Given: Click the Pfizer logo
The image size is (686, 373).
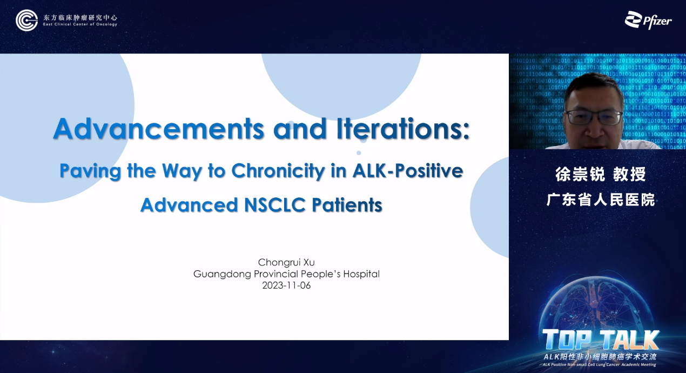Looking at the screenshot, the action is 648,20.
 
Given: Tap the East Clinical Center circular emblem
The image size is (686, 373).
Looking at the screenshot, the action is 26,20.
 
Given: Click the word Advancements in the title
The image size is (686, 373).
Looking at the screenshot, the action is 159,129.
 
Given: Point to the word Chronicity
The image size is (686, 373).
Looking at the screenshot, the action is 278,171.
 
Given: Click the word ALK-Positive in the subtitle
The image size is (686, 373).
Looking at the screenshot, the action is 408,170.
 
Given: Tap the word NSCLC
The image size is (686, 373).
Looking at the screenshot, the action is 275,205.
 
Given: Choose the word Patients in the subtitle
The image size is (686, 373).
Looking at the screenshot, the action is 347,205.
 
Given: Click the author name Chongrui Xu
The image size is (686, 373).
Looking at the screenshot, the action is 286,262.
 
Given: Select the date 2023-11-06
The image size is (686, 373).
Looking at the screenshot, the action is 286,285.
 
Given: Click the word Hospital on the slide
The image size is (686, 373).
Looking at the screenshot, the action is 361,274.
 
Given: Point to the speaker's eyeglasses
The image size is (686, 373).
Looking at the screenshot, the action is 593,117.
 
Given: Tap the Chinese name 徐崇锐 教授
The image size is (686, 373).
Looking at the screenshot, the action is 601,174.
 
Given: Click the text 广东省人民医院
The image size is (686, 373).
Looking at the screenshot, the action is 601,199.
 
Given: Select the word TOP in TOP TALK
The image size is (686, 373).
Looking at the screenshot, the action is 567,339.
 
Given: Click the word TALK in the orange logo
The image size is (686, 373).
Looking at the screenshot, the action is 629,339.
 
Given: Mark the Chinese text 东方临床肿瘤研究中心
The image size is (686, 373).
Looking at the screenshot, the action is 80,17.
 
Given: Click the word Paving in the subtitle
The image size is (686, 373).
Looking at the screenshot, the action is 90,171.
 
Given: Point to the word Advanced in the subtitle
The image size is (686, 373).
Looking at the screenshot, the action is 189,205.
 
